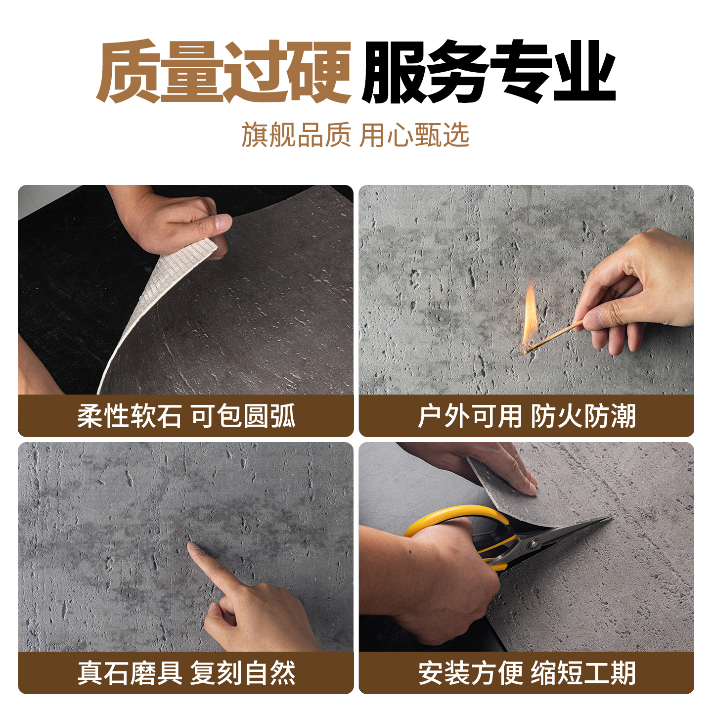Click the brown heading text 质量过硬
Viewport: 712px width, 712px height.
pos(223,72)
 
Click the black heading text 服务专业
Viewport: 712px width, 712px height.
pos(489,72)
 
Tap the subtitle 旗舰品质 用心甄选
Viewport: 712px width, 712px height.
pos(355,135)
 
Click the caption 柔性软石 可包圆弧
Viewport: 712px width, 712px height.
pos(186,416)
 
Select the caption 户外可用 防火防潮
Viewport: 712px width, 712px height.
pos(526,416)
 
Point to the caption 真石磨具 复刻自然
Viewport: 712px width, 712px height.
pos(186,673)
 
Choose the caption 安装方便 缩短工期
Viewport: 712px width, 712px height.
pos(526,673)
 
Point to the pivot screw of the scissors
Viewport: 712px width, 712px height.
pos(534,544)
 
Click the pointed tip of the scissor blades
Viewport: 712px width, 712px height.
pos(611,518)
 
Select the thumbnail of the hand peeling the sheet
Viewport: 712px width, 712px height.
pos(186,290)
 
